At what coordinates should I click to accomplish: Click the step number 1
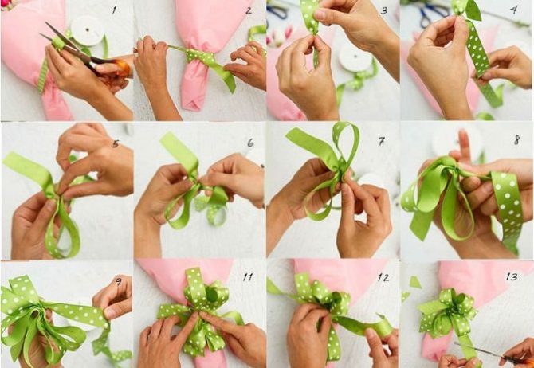point(115,10)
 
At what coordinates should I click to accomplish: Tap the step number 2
point(249,10)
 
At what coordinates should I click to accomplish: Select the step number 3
point(384,10)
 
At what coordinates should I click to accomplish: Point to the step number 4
point(514,10)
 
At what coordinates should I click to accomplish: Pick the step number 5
point(116,143)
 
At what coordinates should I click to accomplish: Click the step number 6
point(250,143)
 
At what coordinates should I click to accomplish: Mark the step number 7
point(382,141)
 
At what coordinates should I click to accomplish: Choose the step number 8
point(517,139)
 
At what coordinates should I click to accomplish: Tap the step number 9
point(119,281)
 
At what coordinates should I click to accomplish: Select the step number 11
point(248,277)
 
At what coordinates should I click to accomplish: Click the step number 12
point(383,278)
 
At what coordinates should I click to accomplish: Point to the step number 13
point(512,276)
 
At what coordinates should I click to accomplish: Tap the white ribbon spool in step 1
point(87,30)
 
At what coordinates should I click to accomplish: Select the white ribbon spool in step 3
point(356,57)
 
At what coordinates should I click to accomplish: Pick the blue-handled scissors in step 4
point(434,14)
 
